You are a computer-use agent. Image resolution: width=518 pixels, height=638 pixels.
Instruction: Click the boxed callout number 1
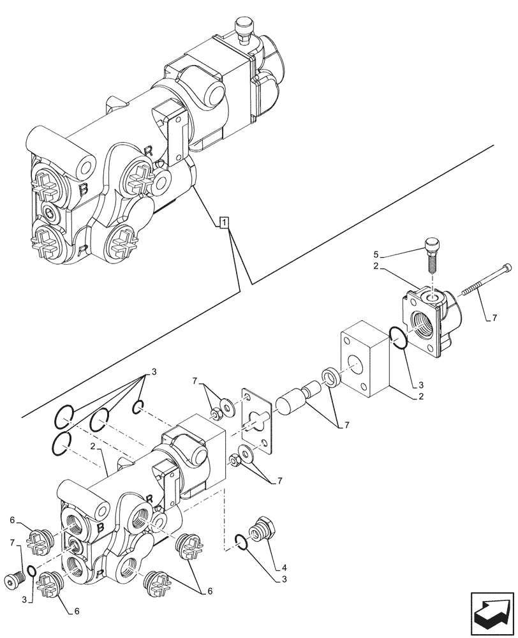(223, 222)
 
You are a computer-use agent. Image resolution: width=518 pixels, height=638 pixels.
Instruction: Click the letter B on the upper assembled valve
(83, 189)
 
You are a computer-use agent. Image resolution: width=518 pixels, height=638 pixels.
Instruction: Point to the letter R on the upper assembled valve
(148, 151)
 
